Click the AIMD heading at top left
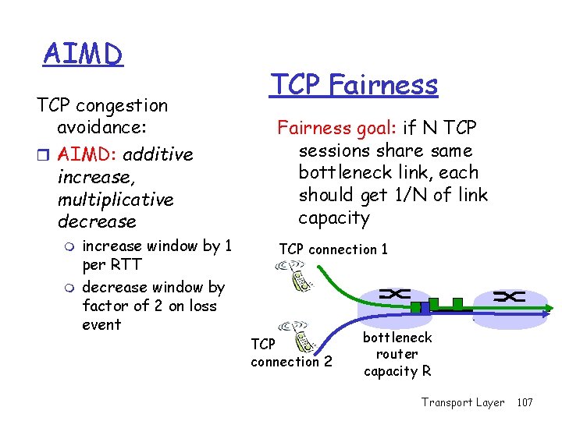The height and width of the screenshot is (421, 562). point(84,55)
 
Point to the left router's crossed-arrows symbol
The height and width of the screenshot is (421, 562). point(397,293)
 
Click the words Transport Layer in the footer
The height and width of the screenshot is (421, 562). point(463,402)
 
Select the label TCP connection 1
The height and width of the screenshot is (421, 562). point(333,249)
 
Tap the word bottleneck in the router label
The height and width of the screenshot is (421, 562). point(397,338)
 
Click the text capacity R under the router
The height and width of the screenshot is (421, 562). point(397,372)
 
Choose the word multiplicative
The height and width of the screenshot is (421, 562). point(116,200)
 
